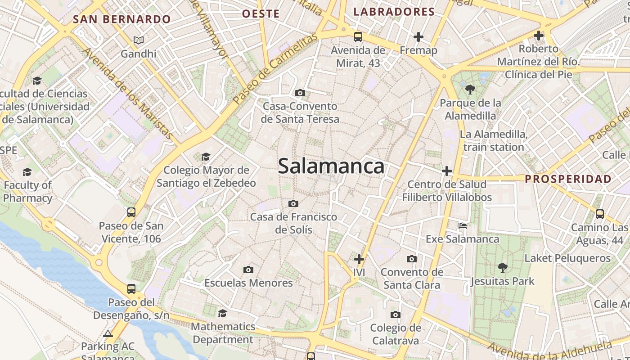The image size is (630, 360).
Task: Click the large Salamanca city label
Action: click(331, 166)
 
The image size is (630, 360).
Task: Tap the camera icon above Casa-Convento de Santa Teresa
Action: click(300, 93)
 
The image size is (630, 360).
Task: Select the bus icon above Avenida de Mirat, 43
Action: click(358, 37)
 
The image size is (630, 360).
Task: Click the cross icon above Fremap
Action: click(418, 37)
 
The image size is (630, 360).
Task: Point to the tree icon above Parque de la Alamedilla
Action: click(470, 90)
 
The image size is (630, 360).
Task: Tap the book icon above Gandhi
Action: click(139, 40)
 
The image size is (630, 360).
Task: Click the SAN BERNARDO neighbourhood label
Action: click(122, 19)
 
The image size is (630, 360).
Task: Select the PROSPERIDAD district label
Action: click(568, 179)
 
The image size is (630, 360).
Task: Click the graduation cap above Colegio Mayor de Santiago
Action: click(206, 157)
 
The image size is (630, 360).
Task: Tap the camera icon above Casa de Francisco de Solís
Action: click(293, 203)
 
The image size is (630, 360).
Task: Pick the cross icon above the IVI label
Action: click(359, 259)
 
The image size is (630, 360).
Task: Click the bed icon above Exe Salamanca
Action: click(462, 225)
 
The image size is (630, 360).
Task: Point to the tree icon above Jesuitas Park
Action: click(503, 268)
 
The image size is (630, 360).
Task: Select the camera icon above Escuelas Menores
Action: click(248, 270)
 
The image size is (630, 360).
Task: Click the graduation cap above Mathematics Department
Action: click(222, 313)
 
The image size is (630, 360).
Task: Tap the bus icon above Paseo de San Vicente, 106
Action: click(131, 212)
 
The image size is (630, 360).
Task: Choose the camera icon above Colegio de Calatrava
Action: click(396, 315)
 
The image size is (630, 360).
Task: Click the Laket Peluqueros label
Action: click(567, 258)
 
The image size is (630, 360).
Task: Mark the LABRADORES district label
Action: click(394, 12)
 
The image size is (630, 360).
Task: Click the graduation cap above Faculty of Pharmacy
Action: click(27, 172)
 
